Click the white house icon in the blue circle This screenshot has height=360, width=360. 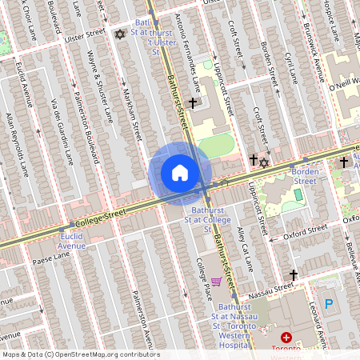pos(180,173)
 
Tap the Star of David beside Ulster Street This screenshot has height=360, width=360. pos(121,34)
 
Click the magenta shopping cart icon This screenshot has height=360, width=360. pos(216,282)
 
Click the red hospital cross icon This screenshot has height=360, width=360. pos(286,338)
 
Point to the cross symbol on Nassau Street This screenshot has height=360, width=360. pos(294,275)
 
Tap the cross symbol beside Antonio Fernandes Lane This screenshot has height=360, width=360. pos(192,103)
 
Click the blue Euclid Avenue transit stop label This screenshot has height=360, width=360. pos(71,241)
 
